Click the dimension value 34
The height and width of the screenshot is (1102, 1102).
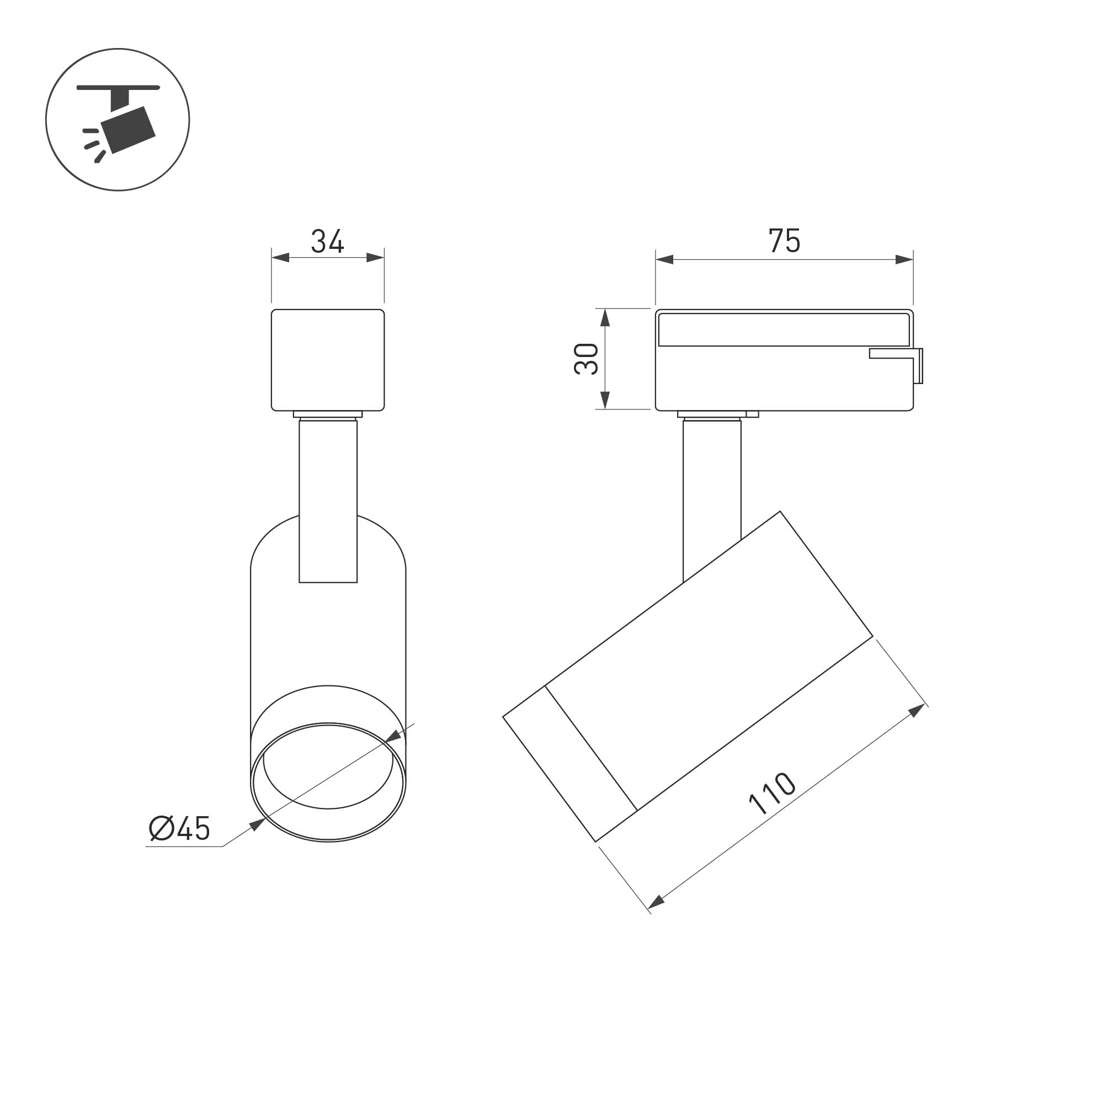[x=327, y=241]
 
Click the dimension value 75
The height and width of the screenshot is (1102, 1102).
[x=784, y=241]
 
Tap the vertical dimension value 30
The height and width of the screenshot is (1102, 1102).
[x=586, y=359]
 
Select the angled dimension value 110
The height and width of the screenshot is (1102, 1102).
[x=772, y=794]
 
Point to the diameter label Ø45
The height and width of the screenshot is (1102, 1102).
[x=179, y=828]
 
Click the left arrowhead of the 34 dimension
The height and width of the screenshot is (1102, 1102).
[x=280, y=258]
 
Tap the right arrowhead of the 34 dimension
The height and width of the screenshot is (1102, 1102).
[x=375, y=258]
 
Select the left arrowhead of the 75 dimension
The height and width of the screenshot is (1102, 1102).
[x=664, y=259]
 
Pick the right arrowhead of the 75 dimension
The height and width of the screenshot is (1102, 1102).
[x=904, y=259]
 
